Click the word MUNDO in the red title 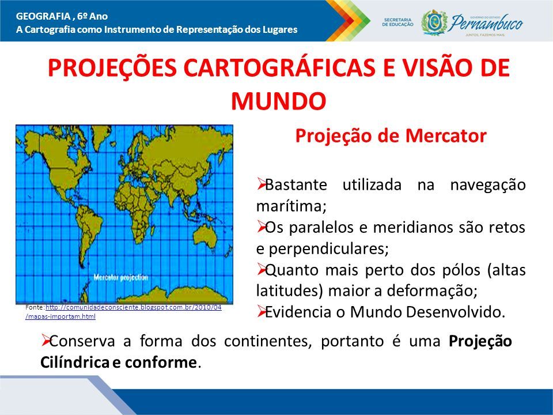pos(279,101)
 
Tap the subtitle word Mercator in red pos(446,135)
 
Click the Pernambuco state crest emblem pos(434,22)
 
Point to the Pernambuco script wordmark pos(487,23)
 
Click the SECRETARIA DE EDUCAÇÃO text pos(398,22)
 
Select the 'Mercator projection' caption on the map pos(121,278)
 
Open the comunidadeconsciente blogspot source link pos(123,312)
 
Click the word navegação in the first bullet pos(488,185)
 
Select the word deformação pos(432,291)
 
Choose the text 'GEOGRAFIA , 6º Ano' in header pos(62,16)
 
